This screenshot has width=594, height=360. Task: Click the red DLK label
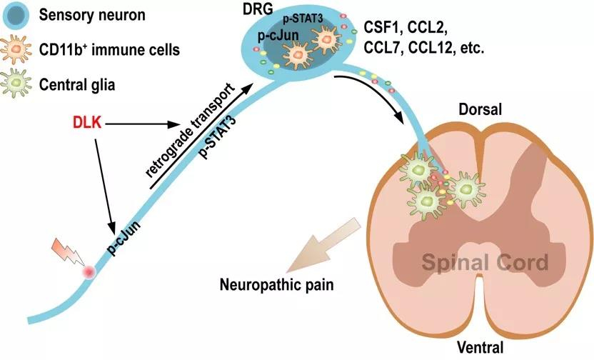(87, 123)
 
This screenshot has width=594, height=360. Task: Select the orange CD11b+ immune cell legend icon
(16, 49)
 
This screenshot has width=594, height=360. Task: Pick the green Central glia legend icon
(16, 84)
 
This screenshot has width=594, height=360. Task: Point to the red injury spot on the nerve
(89, 271)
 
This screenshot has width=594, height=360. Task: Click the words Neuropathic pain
(276, 284)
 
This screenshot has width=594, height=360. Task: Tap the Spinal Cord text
(485, 262)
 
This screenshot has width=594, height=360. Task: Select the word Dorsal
(480, 109)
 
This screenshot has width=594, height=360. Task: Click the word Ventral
(480, 347)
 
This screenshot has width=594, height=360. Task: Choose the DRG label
(258, 9)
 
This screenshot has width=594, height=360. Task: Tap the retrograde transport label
(188, 130)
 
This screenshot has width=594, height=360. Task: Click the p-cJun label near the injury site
(124, 238)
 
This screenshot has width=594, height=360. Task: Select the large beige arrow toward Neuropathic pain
(323, 245)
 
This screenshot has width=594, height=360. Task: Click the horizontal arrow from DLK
(142, 124)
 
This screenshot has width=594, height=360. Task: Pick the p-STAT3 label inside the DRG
(303, 19)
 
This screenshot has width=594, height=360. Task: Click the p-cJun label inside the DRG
(278, 35)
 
